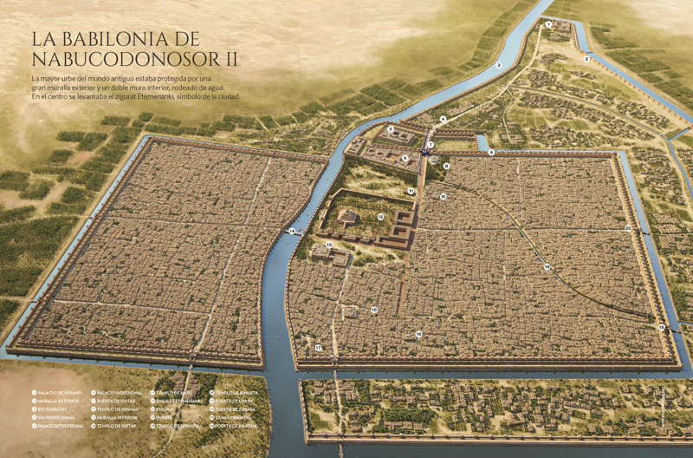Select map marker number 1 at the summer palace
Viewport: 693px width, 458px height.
(548, 25)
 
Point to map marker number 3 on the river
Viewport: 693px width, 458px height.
(498, 65)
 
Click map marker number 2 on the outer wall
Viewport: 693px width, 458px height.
(586, 59)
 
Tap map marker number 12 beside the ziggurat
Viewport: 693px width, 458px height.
(380, 216)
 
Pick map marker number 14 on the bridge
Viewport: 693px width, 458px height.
(292, 231)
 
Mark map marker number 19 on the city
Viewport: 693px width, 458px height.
(547, 266)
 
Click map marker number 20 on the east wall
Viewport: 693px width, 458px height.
(627, 228)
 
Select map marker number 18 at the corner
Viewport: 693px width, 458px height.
(661, 327)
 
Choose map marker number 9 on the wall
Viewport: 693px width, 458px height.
(491, 153)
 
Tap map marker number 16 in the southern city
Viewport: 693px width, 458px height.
(418, 334)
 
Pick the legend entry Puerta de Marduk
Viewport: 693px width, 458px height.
(236, 426)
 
